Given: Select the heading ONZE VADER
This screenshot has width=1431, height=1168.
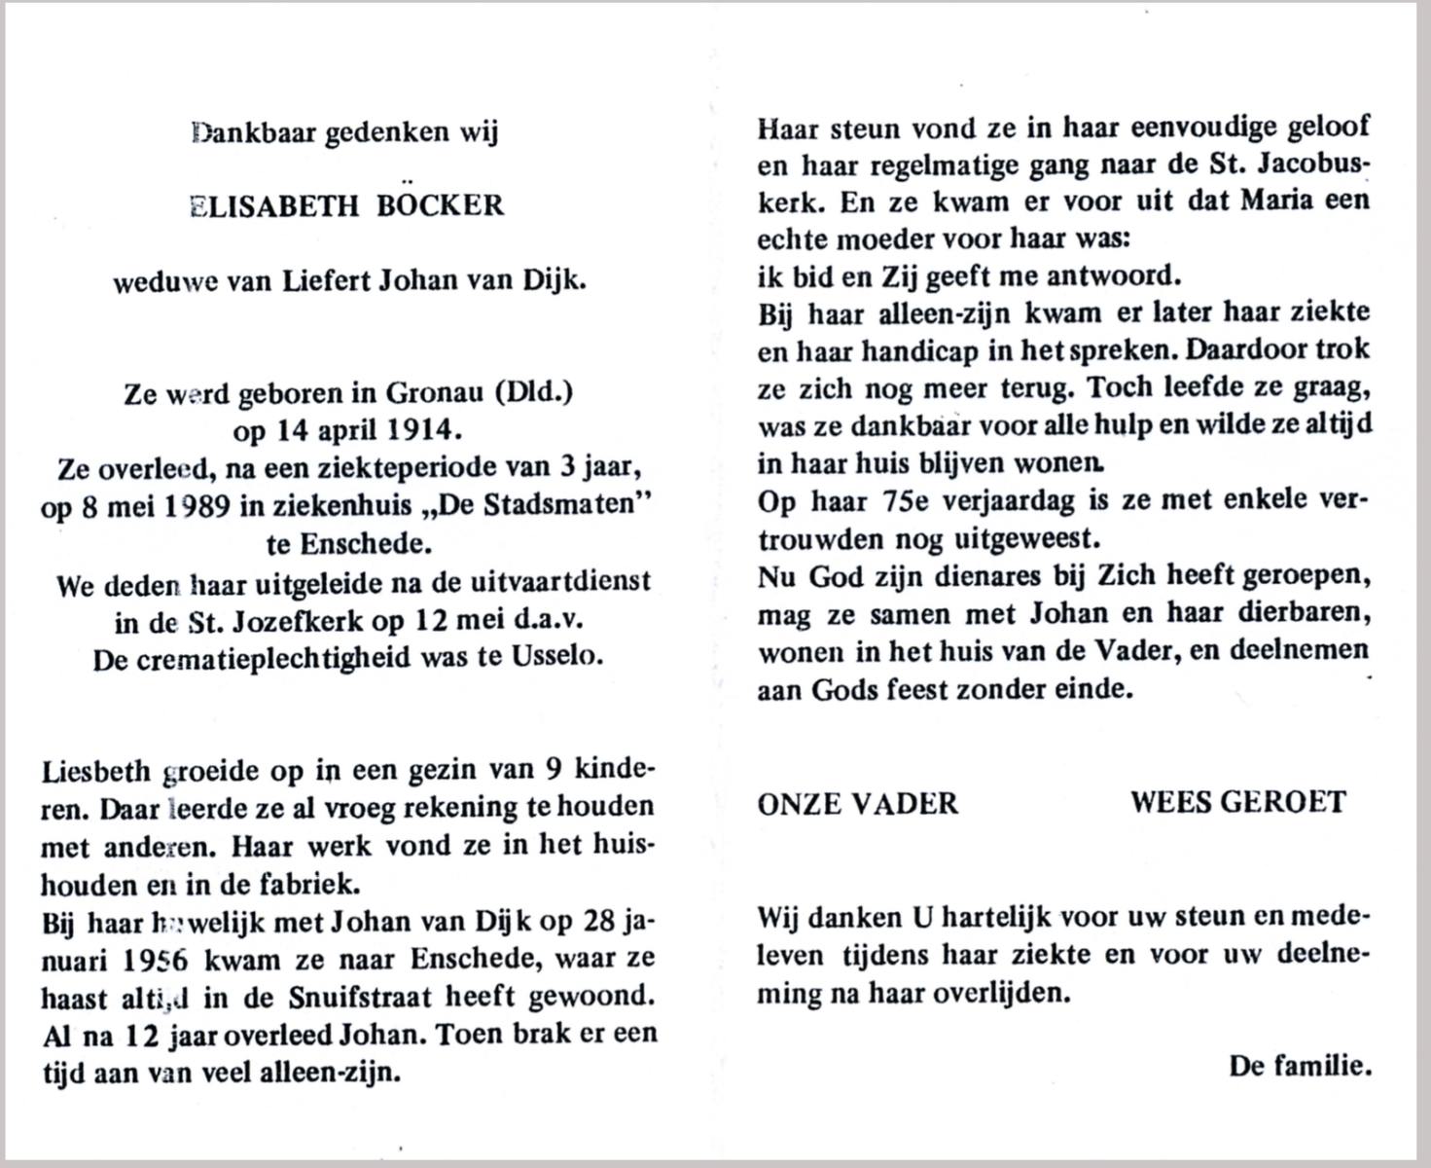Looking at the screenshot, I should [858, 803].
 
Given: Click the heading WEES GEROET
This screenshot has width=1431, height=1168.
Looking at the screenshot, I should [1237, 803].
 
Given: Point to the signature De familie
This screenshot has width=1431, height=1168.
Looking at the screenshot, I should [1300, 1066].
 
